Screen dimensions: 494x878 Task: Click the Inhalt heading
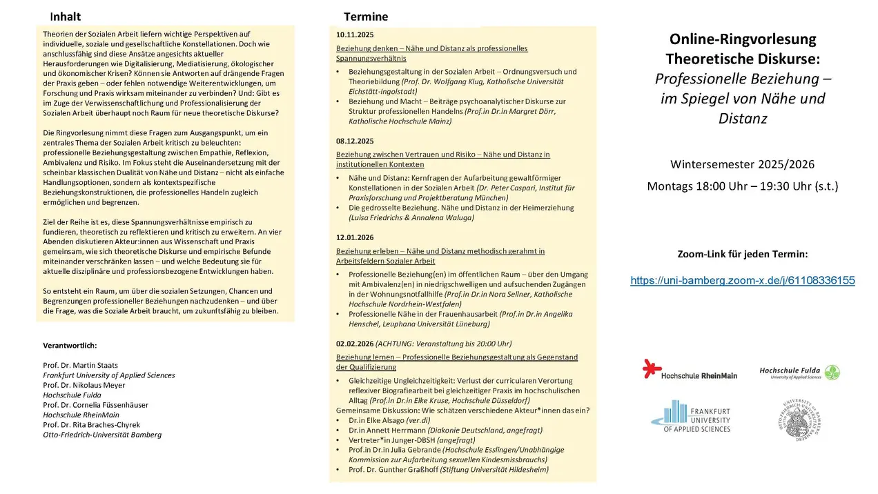click(x=65, y=17)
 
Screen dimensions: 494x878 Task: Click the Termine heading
click(x=366, y=17)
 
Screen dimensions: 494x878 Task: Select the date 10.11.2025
click(x=355, y=34)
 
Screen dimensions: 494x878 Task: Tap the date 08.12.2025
click(x=355, y=141)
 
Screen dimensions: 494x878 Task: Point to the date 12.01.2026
click(x=355, y=237)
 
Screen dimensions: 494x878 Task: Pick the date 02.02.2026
click(x=355, y=343)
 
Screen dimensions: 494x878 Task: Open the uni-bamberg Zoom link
click(x=742, y=280)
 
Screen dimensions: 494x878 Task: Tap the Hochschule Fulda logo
click(x=799, y=373)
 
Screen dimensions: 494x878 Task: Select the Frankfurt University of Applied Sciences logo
click(x=690, y=416)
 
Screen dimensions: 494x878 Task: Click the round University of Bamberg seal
click(x=800, y=419)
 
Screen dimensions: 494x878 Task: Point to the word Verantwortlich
click(x=70, y=345)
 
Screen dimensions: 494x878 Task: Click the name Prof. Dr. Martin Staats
click(x=80, y=365)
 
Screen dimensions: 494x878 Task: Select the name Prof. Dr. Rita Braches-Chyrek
click(x=91, y=425)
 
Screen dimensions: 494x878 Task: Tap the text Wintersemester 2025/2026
click(x=742, y=164)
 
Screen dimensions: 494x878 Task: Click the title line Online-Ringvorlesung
click(x=742, y=39)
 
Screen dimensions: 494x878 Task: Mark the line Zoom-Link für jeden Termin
click(x=742, y=254)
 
